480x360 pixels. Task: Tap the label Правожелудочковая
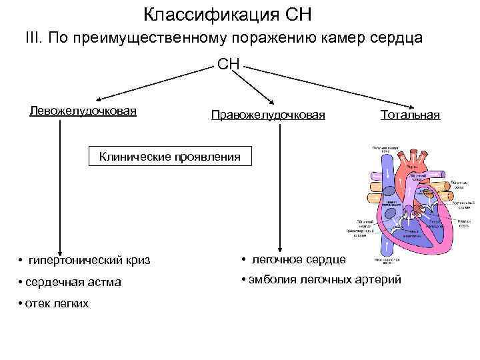[x=268, y=115]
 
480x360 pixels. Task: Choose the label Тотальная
[x=410, y=115]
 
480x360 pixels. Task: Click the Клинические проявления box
[x=169, y=157]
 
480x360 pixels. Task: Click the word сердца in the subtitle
[x=397, y=39]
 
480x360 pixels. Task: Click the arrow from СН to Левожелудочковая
[x=153, y=83]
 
